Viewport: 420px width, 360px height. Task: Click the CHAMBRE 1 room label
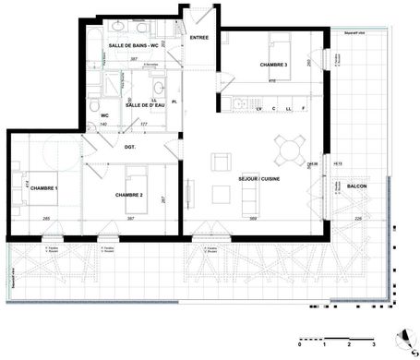click(42, 188)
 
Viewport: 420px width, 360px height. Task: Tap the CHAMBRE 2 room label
click(128, 196)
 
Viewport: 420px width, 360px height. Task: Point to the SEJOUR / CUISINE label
click(259, 178)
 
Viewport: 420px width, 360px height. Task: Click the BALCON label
click(357, 186)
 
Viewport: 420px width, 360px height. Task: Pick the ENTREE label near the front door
click(199, 37)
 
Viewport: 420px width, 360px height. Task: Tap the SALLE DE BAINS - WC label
click(134, 44)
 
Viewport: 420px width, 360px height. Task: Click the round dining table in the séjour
click(288, 146)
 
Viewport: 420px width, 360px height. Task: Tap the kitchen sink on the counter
click(236, 103)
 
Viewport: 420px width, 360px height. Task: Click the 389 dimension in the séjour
click(253, 218)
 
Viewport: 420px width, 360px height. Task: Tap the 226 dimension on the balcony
click(357, 218)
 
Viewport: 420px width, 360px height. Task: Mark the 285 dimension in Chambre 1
click(45, 218)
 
